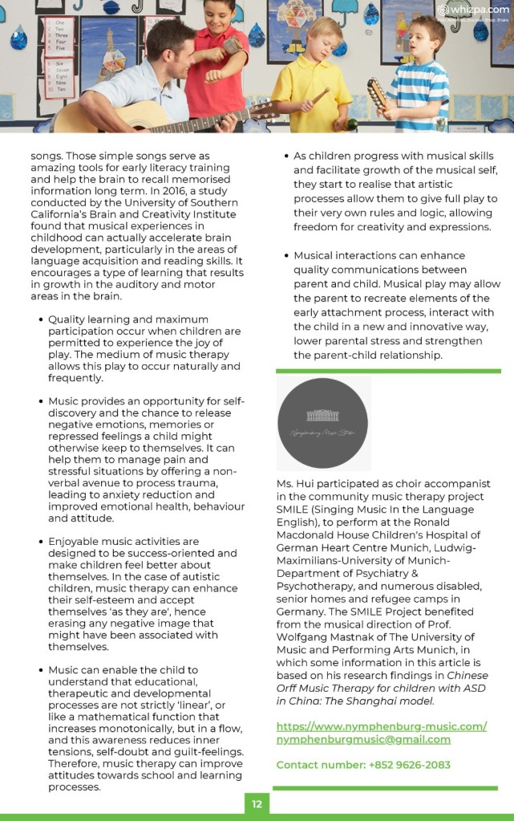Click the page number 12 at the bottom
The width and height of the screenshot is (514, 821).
[x=257, y=803]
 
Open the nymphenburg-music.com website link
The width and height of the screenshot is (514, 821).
[x=381, y=726]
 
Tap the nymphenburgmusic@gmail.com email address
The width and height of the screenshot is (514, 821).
[x=363, y=739]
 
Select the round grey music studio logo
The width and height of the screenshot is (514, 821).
[x=324, y=424]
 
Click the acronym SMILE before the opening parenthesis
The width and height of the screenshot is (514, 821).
[x=296, y=509]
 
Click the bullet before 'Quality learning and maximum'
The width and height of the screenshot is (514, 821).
[x=41, y=319]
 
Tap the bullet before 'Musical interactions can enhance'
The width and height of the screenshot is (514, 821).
[x=285, y=255]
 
